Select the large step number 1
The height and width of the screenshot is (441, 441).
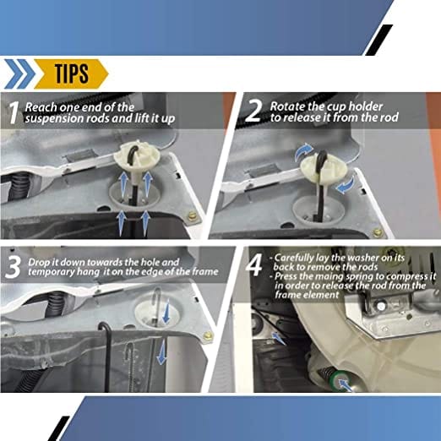click(x=13, y=113)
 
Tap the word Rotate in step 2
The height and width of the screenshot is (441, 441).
click(x=286, y=107)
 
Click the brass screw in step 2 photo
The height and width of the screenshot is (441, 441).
click(x=378, y=230)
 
